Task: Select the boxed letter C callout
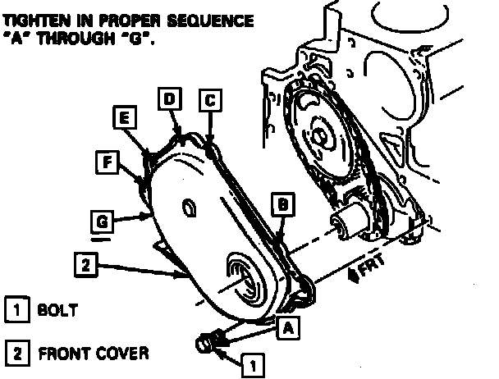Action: coord(209,100)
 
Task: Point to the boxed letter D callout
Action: coord(170,100)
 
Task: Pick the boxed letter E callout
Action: coord(124,119)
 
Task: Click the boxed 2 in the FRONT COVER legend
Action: coord(15,354)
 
